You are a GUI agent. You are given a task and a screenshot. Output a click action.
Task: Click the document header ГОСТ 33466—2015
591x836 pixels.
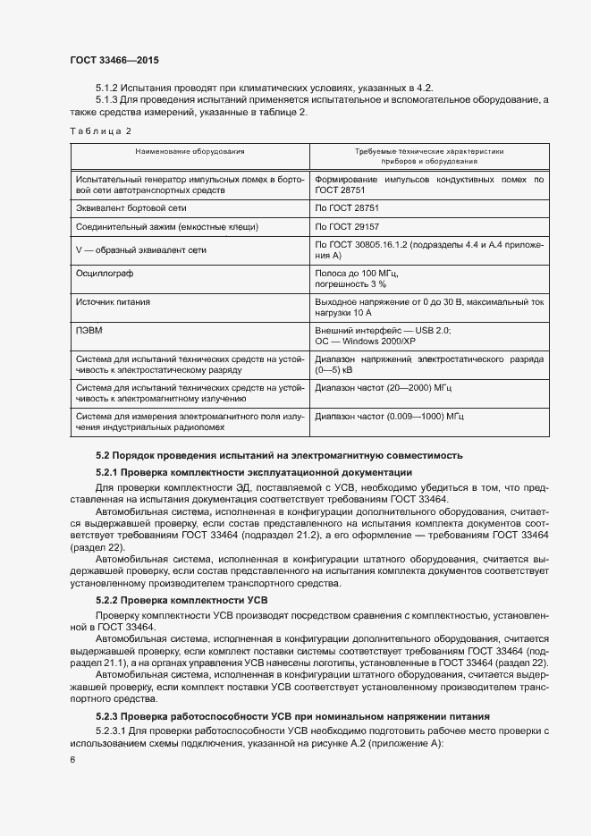[114, 59]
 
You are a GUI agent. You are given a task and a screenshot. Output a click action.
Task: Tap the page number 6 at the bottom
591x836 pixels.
[72, 759]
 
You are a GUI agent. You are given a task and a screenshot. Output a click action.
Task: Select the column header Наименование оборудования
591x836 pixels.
[190, 152]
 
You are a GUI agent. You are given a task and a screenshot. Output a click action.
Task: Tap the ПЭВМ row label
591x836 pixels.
[90, 331]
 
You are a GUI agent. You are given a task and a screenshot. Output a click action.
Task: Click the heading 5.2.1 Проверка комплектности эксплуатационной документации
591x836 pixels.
[253, 472]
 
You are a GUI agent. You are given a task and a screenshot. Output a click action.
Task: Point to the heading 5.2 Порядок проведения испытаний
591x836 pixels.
[279, 456]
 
